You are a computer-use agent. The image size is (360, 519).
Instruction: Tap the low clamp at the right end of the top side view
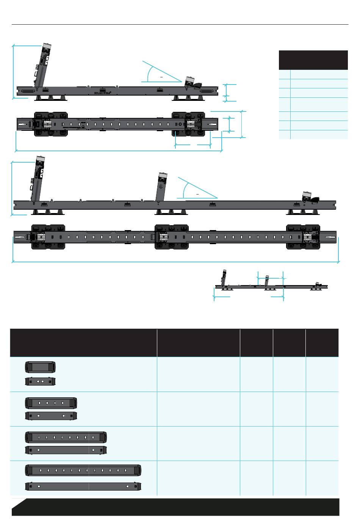click(x=193, y=84)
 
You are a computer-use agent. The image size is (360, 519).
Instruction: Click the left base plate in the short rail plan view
click(x=51, y=124)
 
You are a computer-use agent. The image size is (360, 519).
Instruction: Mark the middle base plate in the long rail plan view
click(x=172, y=237)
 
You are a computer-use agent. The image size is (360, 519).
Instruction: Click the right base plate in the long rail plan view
click(x=303, y=237)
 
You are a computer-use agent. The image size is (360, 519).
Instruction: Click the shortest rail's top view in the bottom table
click(x=41, y=367)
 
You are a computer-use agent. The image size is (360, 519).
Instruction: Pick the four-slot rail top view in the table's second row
click(x=51, y=402)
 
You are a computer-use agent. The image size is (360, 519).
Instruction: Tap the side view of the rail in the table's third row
click(x=66, y=450)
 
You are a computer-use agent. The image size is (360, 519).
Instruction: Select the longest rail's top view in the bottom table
click(x=83, y=470)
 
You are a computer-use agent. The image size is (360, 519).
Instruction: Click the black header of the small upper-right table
click(x=313, y=60)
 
